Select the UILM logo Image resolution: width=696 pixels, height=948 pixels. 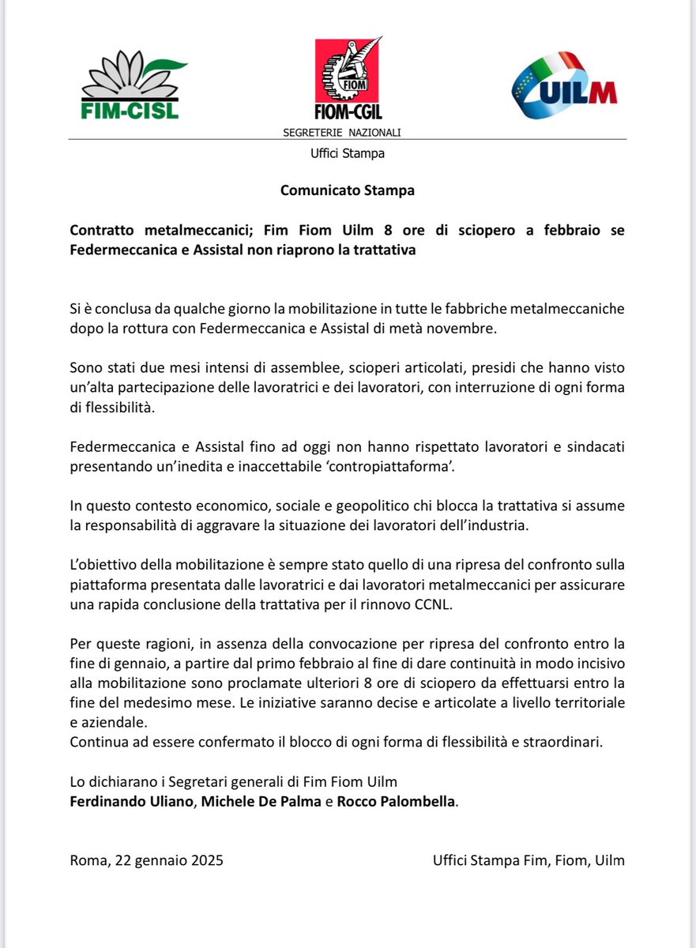tap(564, 85)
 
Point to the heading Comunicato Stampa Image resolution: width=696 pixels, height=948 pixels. tap(348, 190)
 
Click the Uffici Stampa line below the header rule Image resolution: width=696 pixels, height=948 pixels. tap(348, 153)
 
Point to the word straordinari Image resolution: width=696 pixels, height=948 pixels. tap(564, 742)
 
